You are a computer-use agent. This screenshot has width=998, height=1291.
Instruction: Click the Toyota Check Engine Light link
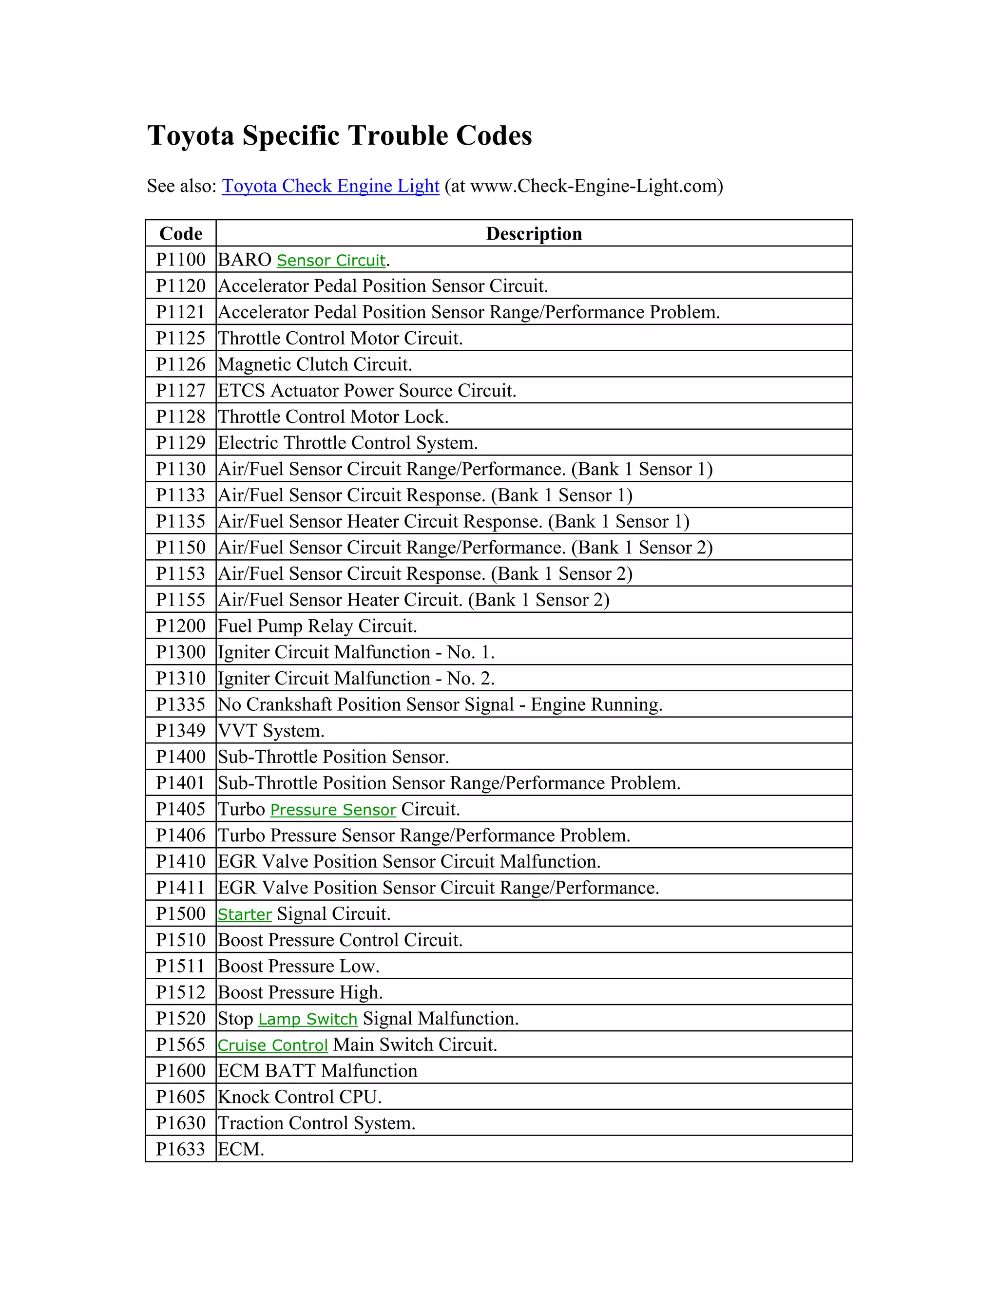tap(330, 186)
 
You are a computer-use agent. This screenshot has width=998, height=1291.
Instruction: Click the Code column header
tap(181, 233)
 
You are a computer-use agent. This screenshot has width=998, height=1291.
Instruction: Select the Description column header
tap(534, 233)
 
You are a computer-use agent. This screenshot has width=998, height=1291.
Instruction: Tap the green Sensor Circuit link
tap(331, 260)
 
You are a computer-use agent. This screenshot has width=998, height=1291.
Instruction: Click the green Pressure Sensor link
tap(333, 810)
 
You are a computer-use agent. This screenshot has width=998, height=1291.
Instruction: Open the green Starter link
tap(245, 914)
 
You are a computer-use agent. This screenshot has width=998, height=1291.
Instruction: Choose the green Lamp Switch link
tap(307, 1019)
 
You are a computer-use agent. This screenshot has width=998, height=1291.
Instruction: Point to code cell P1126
tap(181, 364)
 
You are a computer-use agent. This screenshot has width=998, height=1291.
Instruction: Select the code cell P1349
tap(181, 731)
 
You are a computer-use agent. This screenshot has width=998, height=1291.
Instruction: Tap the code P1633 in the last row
tap(181, 1149)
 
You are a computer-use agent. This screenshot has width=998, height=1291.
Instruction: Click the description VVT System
tap(271, 731)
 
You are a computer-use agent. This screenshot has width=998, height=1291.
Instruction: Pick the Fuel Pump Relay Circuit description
tap(318, 626)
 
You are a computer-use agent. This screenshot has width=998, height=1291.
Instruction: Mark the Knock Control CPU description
tap(300, 1097)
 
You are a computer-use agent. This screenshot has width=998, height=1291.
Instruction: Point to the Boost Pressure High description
tap(300, 992)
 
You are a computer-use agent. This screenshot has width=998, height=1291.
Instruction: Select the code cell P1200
tap(181, 626)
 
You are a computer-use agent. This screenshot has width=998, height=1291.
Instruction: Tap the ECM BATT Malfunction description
tap(318, 1071)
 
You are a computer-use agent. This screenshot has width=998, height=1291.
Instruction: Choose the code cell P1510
tap(181, 940)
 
